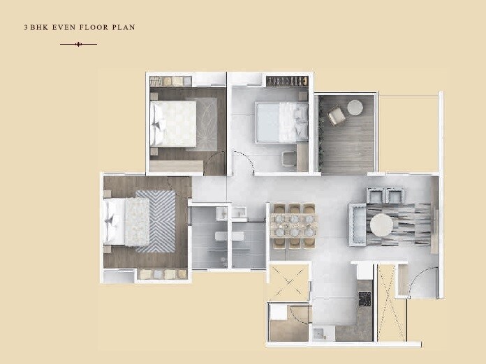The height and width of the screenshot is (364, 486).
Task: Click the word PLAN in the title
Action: [x=124, y=28]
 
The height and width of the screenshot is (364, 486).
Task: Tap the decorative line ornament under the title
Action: [x=78, y=44]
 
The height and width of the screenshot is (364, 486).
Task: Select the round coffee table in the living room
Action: [x=381, y=225]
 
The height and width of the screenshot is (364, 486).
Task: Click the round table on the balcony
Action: [x=355, y=107]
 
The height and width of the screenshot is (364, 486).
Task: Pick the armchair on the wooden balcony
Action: [x=336, y=116]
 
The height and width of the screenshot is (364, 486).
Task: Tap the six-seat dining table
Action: [x=293, y=225]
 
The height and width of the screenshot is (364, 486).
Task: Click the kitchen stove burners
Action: [x=364, y=299]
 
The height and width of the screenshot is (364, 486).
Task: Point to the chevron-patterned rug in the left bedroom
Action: [x=155, y=221]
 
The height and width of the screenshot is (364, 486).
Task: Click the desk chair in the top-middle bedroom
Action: [x=288, y=160]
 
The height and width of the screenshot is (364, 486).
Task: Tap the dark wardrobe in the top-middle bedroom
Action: [x=286, y=82]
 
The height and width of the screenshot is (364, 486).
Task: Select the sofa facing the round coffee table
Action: [x=356, y=225]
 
